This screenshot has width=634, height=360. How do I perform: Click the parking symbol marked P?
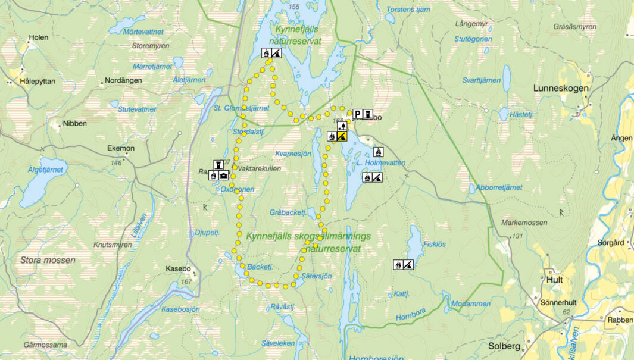point(358,114)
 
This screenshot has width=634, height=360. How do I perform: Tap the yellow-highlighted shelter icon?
point(342,136)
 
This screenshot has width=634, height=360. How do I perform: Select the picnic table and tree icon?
point(342,126)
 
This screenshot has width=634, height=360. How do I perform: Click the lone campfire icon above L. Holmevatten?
point(378,152)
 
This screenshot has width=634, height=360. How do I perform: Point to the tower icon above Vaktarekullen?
point(218,164)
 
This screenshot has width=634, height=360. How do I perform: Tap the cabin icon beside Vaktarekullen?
point(223,175)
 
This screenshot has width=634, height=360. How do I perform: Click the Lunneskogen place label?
point(560,88)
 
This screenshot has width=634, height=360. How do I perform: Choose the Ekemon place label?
point(121,148)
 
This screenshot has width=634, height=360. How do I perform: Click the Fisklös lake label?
point(434,243)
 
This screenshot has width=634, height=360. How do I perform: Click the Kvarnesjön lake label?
point(293,154)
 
